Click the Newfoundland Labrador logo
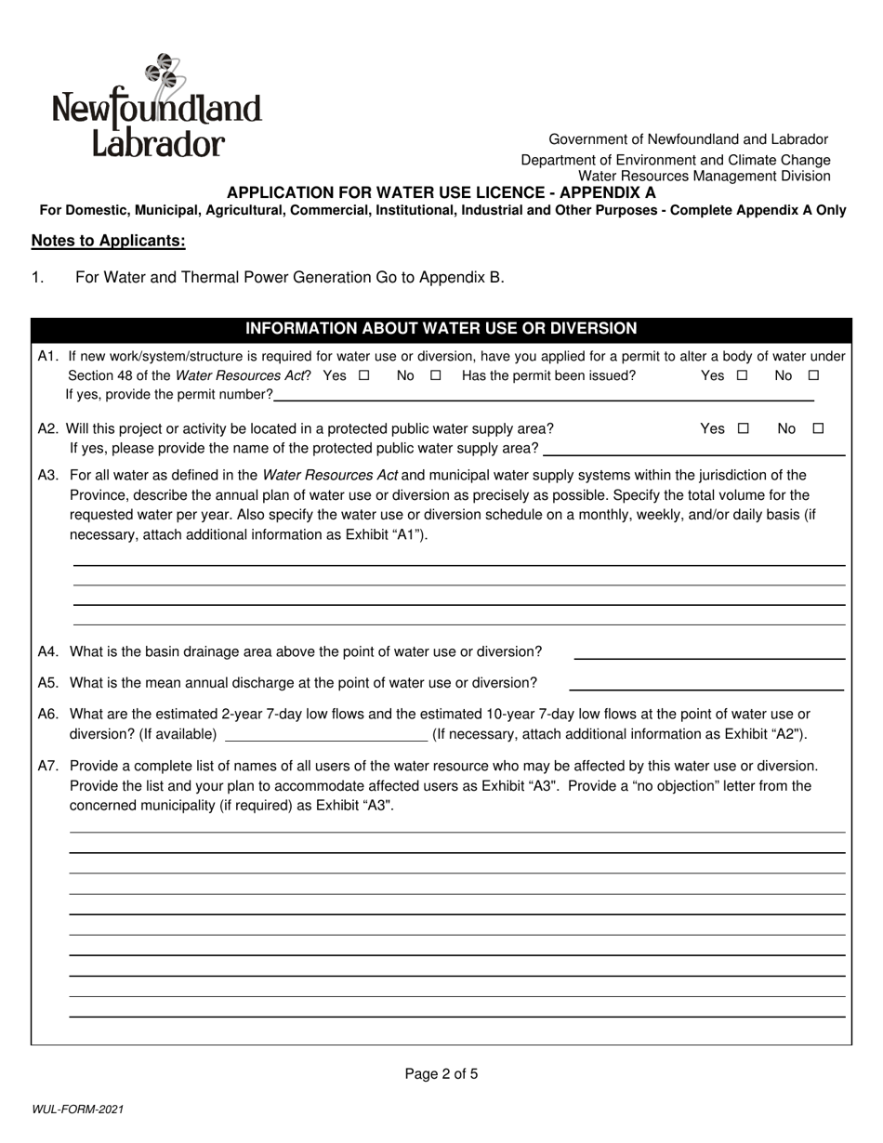(x=156, y=107)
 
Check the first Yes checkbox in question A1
(x=363, y=375)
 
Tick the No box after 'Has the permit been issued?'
(x=813, y=375)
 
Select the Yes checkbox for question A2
(x=743, y=428)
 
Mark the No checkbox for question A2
(x=818, y=428)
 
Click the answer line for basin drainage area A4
(x=709, y=652)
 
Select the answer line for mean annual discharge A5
(x=705, y=684)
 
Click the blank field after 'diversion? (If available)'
(x=325, y=734)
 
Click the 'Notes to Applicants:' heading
(x=109, y=242)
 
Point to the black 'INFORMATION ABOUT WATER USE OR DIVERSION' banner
(x=441, y=329)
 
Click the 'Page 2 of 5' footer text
(x=441, y=1074)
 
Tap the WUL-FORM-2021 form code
(x=78, y=1110)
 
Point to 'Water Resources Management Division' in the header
(x=704, y=176)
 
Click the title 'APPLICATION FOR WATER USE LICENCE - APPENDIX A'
(x=441, y=192)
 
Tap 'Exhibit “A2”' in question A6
(x=764, y=734)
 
